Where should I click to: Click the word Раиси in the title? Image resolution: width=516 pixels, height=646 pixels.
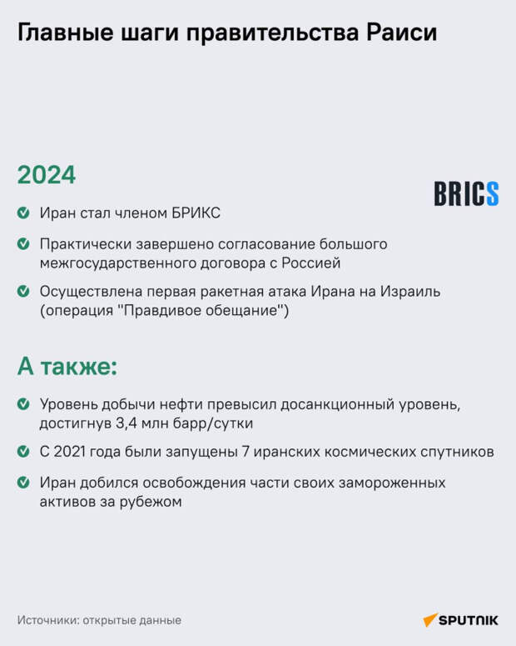(x=401, y=33)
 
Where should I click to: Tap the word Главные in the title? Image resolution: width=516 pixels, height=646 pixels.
(x=65, y=33)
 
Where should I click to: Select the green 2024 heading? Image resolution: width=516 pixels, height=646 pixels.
(x=47, y=175)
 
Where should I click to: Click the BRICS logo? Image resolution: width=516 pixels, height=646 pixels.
(x=466, y=193)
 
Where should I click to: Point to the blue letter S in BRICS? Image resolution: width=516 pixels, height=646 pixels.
(x=493, y=193)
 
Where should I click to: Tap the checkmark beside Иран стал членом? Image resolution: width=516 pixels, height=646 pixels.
(x=23, y=213)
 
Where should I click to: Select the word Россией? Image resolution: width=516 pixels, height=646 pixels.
(x=311, y=263)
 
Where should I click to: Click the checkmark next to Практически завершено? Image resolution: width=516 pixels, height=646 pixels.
(x=23, y=244)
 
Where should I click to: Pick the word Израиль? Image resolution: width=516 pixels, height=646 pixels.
(x=410, y=291)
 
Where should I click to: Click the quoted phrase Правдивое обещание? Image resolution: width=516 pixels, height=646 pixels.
(x=203, y=310)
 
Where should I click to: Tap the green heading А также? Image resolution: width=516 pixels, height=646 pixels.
(x=67, y=365)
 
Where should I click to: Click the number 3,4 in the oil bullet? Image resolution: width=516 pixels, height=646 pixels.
(x=126, y=423)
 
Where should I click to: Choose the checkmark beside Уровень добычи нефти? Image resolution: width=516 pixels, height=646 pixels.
(x=23, y=404)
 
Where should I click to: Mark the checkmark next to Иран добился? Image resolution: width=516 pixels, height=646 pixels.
(x=23, y=483)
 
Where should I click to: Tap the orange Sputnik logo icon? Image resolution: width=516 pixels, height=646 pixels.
(x=430, y=619)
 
